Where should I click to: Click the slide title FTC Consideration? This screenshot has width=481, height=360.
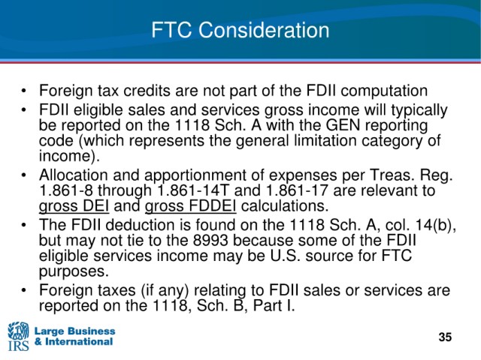coord(240,30)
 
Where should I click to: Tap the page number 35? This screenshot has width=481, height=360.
coord(445,337)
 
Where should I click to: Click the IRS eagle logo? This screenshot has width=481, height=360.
coord(18,336)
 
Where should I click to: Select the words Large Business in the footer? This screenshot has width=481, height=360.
coord(75,331)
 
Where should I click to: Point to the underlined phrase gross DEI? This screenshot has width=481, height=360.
coord(74,205)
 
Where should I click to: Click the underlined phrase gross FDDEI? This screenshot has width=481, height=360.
coord(190,205)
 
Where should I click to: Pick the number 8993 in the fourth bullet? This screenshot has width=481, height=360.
coord(210,240)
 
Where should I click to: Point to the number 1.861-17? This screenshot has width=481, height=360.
coord(298,190)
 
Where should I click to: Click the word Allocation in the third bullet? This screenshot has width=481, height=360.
coord(74,175)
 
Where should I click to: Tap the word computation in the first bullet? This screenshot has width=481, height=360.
coord(384,91)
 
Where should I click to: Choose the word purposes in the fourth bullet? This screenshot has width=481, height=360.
coord(74,272)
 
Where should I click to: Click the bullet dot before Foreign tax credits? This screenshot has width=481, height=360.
coord(23,91)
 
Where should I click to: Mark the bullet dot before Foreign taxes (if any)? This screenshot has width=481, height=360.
coord(23,290)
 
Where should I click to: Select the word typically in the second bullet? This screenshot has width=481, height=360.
coord(419,110)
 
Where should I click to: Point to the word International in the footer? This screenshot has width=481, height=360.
coord(79,341)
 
